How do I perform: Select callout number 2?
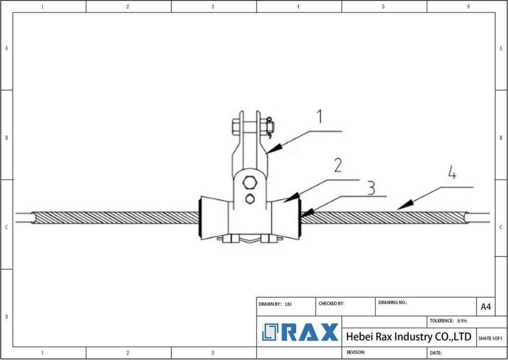tap(338, 165)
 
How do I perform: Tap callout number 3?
tap(371, 187)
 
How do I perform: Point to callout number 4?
tap(452, 174)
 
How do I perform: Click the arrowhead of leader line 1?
tap(274, 147)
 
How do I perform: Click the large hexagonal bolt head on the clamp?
tap(250, 182)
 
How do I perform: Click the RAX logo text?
tap(310, 332)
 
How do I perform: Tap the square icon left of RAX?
tap(271, 332)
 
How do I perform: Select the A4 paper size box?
tap(486, 307)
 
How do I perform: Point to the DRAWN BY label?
tap(270, 304)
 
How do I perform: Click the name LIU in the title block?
tap(288, 304)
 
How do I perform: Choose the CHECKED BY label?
tap(331, 303)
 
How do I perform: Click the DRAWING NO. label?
tap(392, 302)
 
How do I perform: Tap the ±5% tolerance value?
tap(462, 321)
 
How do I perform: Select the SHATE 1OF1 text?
tap(490, 338)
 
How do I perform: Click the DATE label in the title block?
tap(436, 353)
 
